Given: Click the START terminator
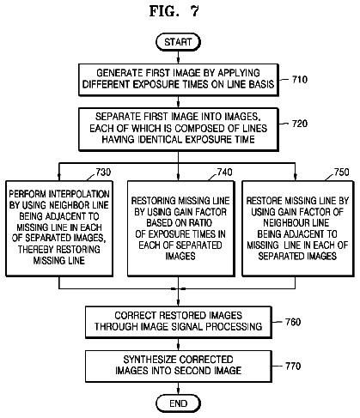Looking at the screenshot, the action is pos(178,42).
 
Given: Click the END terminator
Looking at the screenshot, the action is pos(178,403).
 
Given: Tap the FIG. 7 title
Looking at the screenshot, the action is pos(174,11).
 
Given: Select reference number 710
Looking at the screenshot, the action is pos(300,79).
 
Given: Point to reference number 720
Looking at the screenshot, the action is pos(300,124).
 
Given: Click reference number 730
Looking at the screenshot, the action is pos(103,173).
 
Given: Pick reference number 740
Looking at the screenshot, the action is pos(224,173).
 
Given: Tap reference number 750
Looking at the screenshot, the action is pos(342,173).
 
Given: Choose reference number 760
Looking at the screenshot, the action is pos(293,322).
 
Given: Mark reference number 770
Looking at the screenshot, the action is pos(293,366).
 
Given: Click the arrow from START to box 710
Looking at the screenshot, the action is pos(178,58).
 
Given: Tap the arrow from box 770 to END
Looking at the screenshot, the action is pos(178,388).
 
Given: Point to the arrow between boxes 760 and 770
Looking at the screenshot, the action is pos(178,344).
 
